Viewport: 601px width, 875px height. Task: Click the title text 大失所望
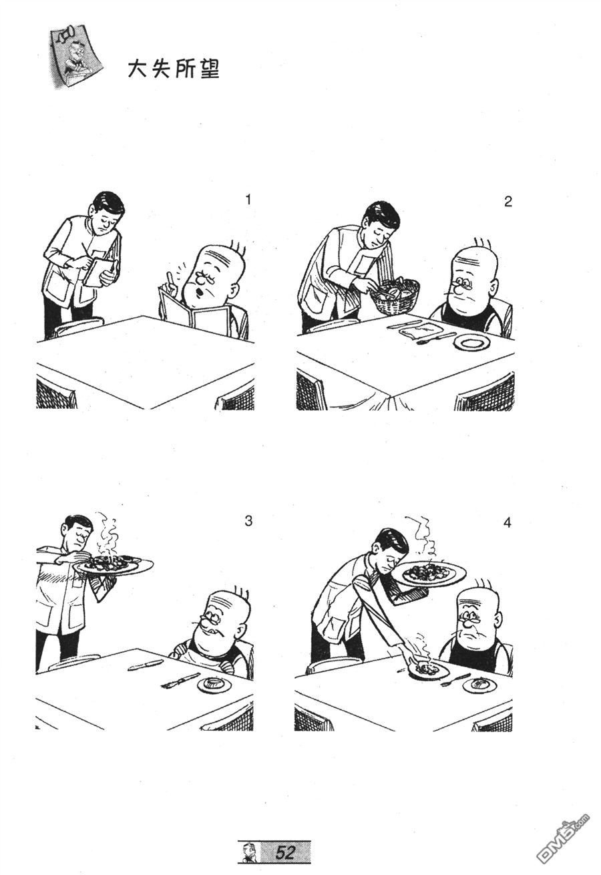[x=174, y=69]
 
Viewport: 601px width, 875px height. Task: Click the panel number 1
[x=248, y=200]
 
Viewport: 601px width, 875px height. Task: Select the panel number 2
[x=508, y=202]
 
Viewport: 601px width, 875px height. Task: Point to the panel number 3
[x=248, y=521]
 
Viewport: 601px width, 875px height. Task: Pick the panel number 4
[x=507, y=523]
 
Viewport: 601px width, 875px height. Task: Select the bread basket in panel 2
[x=395, y=295]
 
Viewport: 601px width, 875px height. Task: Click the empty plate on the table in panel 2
[x=471, y=343]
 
